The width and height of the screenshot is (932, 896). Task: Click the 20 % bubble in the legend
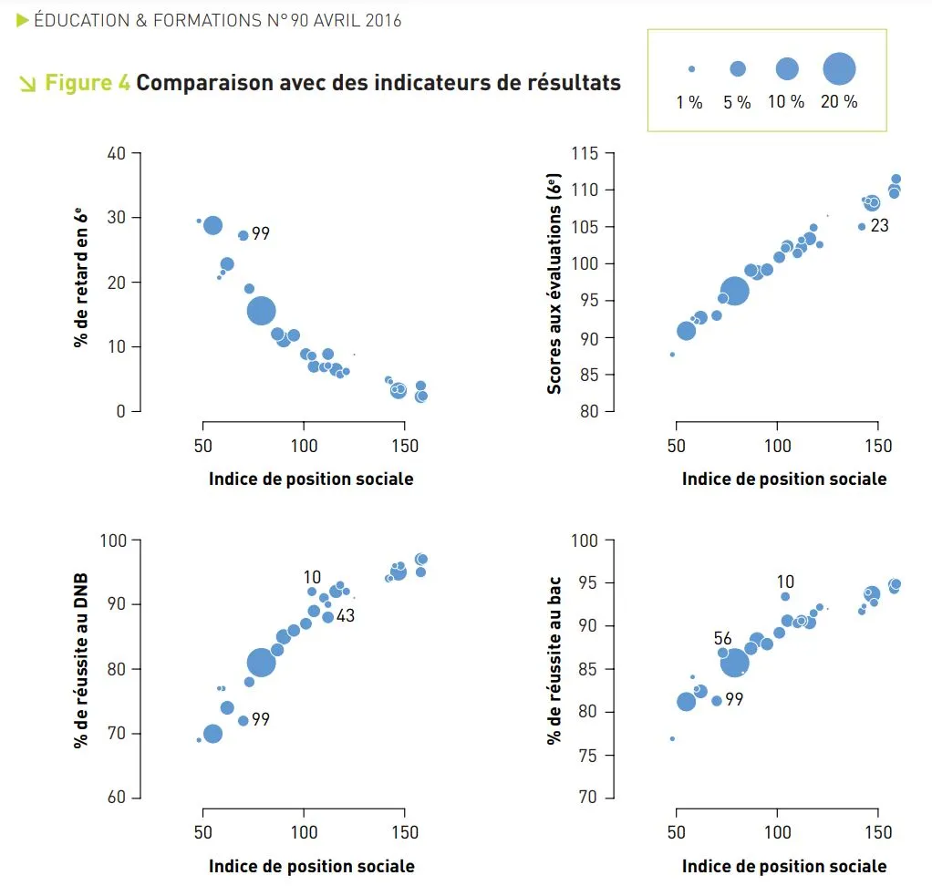pyautogui.click(x=839, y=68)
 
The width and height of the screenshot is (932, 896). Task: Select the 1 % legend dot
pyautogui.click(x=691, y=69)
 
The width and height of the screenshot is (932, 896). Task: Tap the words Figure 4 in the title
pyautogui.click(x=88, y=83)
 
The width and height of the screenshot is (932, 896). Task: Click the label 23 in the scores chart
pyautogui.click(x=879, y=225)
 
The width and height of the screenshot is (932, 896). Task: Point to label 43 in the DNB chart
pyautogui.click(x=345, y=616)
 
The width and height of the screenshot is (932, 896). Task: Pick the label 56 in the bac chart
pyautogui.click(x=723, y=639)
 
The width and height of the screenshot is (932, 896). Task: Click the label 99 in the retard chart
pyautogui.click(x=261, y=234)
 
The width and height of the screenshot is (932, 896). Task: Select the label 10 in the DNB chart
pyautogui.click(x=312, y=577)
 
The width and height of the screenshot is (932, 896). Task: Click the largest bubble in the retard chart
pyautogui.click(x=261, y=311)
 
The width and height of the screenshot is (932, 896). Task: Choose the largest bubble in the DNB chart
pyautogui.click(x=261, y=663)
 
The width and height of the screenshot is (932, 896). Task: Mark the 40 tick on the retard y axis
pyautogui.click(x=116, y=153)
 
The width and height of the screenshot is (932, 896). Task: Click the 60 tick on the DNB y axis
pyautogui.click(x=116, y=798)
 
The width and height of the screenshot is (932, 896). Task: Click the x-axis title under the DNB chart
pyautogui.click(x=311, y=866)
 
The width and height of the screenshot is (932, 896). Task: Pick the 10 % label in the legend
pyautogui.click(x=786, y=102)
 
